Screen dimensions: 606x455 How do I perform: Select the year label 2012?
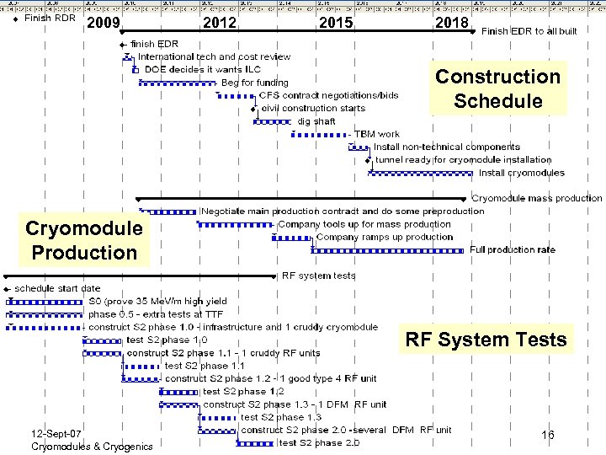(x=220, y=23)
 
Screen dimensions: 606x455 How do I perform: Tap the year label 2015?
(x=336, y=23)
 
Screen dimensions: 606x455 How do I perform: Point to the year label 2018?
(x=452, y=23)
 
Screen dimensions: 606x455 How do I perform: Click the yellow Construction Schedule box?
(x=497, y=88)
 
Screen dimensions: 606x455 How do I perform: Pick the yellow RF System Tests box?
(x=486, y=340)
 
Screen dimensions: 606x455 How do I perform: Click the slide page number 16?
(x=547, y=436)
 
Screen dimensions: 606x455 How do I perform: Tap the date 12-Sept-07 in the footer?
(x=56, y=433)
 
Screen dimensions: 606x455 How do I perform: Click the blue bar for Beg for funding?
(x=178, y=83)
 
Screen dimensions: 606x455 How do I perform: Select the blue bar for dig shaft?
(x=272, y=121)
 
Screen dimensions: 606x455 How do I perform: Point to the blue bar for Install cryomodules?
(x=421, y=174)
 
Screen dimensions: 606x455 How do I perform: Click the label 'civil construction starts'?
(x=313, y=109)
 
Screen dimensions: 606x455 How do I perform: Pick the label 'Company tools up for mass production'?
(x=364, y=224)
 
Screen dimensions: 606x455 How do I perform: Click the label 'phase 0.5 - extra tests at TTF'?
(x=156, y=313)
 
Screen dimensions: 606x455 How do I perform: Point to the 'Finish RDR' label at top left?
(x=50, y=18)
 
